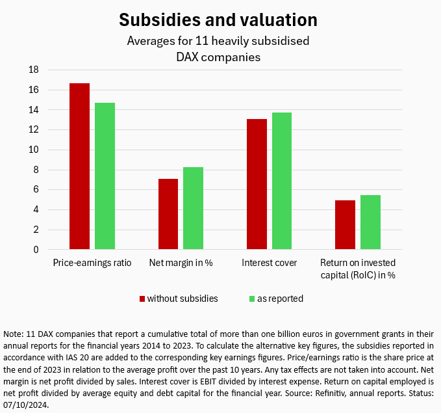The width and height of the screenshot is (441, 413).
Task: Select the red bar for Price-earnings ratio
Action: click(x=79, y=167)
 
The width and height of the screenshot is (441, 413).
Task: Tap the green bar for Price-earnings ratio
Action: click(x=105, y=176)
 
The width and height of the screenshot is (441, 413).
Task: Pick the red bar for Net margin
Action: click(x=168, y=214)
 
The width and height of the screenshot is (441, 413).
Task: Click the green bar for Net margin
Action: click(x=194, y=208)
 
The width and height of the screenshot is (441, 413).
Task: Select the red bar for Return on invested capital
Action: click(x=345, y=225)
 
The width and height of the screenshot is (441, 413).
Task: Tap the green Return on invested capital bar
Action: click(x=370, y=222)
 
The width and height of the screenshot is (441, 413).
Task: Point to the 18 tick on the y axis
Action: click(x=34, y=70)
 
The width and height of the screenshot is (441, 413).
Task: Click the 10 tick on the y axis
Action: click(x=34, y=150)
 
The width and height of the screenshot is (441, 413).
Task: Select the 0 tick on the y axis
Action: click(x=36, y=250)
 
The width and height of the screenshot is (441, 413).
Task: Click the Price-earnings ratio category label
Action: click(x=92, y=263)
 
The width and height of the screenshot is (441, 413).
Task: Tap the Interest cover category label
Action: click(x=269, y=263)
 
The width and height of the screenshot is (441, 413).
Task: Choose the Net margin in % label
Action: click(x=181, y=263)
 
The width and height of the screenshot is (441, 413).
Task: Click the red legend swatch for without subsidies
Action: click(x=142, y=299)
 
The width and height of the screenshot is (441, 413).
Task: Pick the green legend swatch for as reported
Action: click(x=252, y=299)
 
